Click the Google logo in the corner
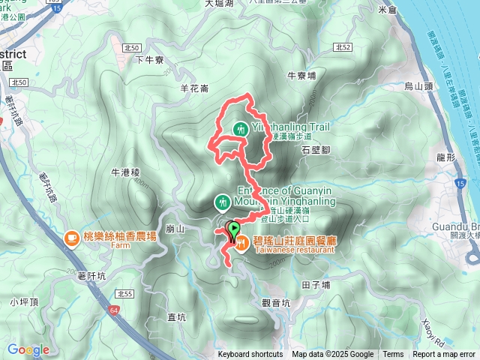tap(28, 349)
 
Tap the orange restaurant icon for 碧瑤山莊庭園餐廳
tap(243, 241)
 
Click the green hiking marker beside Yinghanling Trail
tap(240, 129)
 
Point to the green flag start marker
tap(233, 229)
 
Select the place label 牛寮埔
tap(303, 76)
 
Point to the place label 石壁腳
tap(316, 150)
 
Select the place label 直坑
tap(177, 317)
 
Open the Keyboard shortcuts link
tap(250, 355)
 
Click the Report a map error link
tap(444, 355)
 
